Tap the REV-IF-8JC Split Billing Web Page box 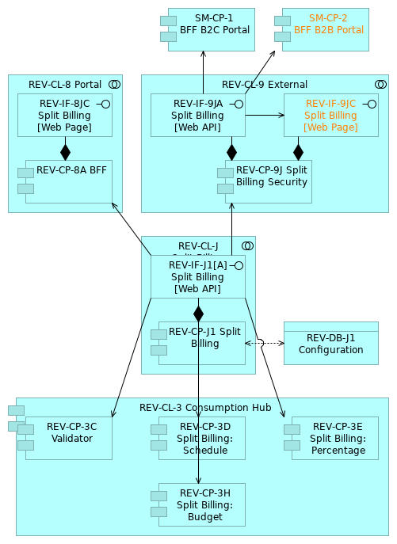pos(65,115)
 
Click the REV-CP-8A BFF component pos(68,181)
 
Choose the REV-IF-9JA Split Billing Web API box pos(197,115)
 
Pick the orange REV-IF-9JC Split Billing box pos(330,115)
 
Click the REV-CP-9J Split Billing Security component pos(268,181)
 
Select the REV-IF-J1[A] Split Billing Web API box pos(197,276)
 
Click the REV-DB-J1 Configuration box pos(330,343)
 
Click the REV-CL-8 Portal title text pos(65,85)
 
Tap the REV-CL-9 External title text pos(265,85)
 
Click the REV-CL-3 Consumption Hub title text pos(205,408)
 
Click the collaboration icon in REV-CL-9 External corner pos(380,84)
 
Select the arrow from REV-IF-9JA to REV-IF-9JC pos(265,115)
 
